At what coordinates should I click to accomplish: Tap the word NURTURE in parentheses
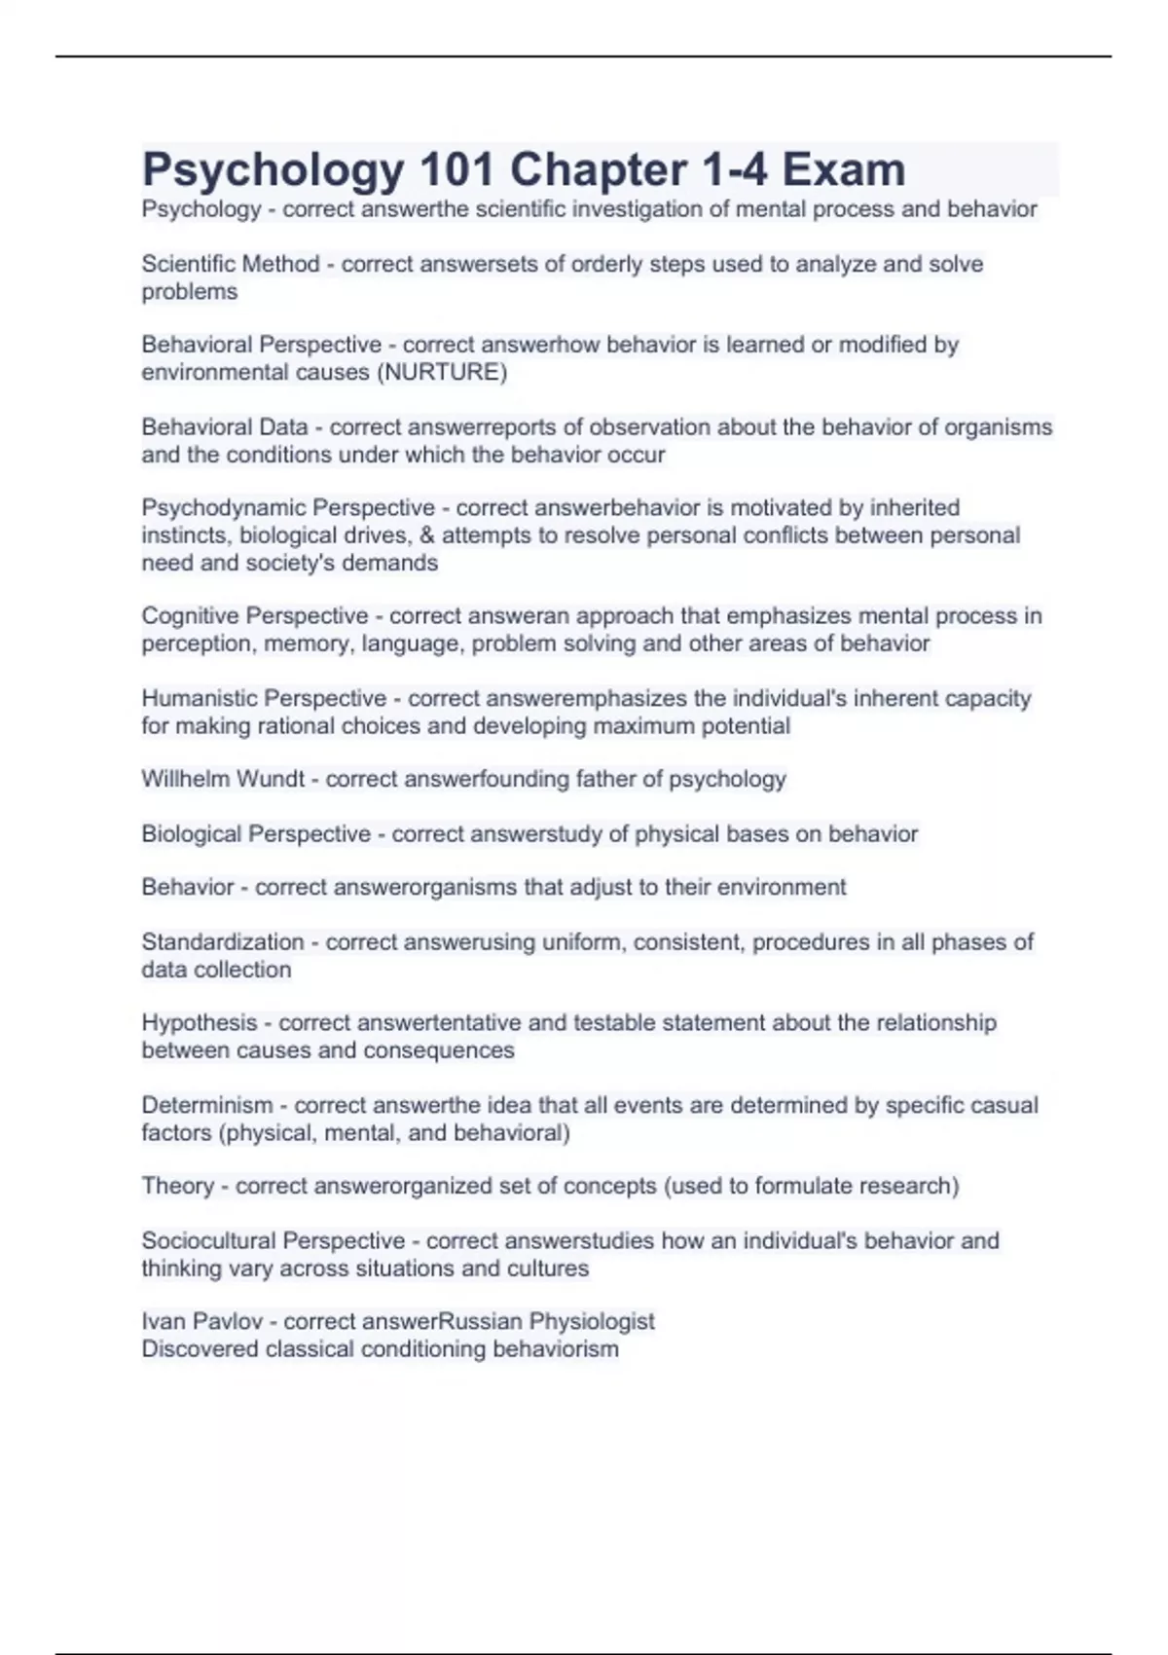click(442, 373)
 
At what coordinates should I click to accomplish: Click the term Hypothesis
click(200, 1023)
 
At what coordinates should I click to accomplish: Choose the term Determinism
click(207, 1106)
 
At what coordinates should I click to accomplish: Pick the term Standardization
click(223, 942)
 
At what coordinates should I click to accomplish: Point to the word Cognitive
click(190, 616)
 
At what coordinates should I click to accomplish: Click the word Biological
click(192, 834)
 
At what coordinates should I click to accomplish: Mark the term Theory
click(177, 1187)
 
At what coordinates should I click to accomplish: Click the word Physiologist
click(592, 1322)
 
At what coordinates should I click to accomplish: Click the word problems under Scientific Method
click(189, 292)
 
